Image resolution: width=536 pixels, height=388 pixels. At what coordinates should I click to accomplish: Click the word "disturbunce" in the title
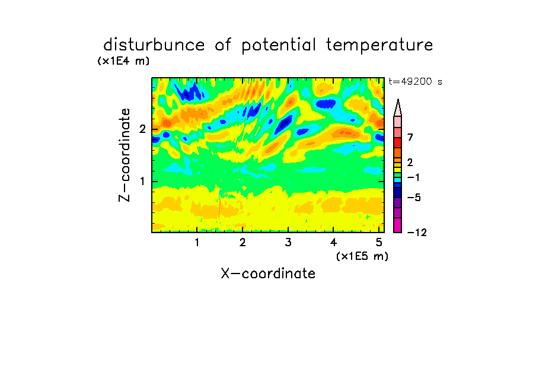click(x=154, y=44)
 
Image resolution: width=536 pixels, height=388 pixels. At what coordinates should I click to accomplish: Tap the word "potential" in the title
click(x=279, y=45)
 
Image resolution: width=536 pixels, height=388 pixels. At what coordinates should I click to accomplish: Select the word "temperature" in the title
click(x=379, y=45)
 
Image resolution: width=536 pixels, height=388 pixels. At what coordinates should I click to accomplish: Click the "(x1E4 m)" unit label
click(x=123, y=61)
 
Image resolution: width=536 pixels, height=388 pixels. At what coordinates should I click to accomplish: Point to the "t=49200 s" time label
click(x=415, y=81)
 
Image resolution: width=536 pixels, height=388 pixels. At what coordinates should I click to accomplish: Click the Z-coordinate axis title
click(x=124, y=155)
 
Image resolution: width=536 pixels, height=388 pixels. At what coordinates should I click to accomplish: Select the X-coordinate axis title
click(x=268, y=273)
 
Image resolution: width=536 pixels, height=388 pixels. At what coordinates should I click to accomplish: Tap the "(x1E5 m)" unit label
click(x=362, y=256)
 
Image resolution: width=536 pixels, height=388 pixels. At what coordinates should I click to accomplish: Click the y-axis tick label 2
click(x=142, y=129)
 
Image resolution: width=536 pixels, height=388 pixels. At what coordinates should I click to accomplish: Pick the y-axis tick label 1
click(x=142, y=182)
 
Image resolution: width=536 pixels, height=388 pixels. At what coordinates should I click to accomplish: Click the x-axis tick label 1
click(x=197, y=243)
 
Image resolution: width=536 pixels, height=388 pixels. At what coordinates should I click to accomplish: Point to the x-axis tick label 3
click(x=288, y=243)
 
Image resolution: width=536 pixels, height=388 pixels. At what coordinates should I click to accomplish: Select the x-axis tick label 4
click(x=333, y=243)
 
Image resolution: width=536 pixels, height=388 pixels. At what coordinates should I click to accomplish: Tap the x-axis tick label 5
click(x=379, y=243)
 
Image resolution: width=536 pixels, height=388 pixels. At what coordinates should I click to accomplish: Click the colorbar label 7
click(x=410, y=138)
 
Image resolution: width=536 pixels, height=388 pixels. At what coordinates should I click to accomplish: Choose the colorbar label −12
click(x=417, y=233)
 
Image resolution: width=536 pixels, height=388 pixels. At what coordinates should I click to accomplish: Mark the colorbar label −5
click(x=414, y=198)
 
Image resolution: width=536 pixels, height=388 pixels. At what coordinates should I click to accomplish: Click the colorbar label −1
click(x=413, y=177)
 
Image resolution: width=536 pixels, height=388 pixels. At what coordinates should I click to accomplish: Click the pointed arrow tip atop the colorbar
click(x=398, y=99)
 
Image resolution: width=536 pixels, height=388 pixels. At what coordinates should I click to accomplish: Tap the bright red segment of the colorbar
click(x=398, y=142)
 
